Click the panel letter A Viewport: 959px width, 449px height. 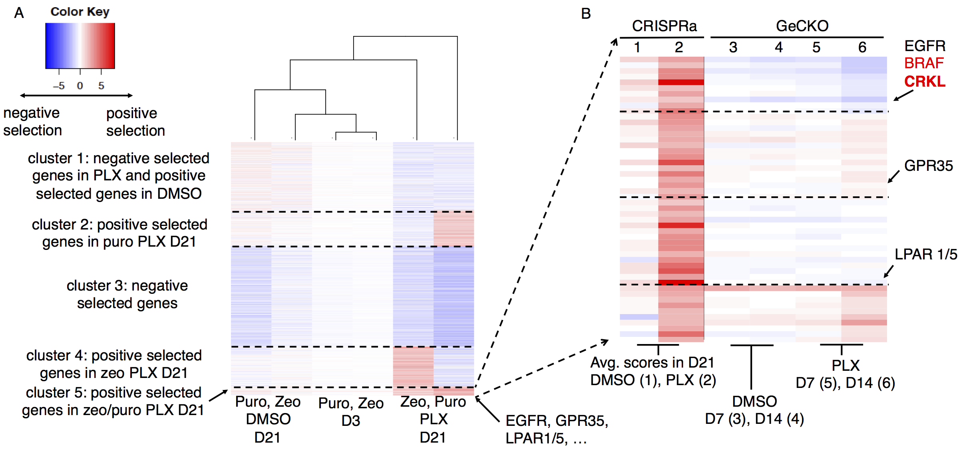pyautogui.click(x=19, y=13)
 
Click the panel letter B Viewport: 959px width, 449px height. pyautogui.click(x=586, y=14)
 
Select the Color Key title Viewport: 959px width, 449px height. pyautogui.click(x=80, y=12)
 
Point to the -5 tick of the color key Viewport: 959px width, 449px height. pyautogui.click(x=59, y=85)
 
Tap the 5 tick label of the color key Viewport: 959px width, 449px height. pyautogui.click(x=101, y=85)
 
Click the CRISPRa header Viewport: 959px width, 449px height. pyautogui.click(x=664, y=26)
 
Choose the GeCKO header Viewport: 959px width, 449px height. pyautogui.click(x=802, y=26)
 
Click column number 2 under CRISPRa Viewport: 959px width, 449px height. pyautogui.click(x=679, y=47)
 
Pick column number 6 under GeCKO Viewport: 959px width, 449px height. pyautogui.click(x=862, y=47)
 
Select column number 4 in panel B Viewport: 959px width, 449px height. pyautogui.click(x=778, y=47)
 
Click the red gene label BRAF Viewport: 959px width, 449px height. pyautogui.click(x=924, y=63)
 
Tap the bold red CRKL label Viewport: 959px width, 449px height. pyautogui.click(x=925, y=81)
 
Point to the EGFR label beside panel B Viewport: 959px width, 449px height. pyautogui.click(x=925, y=46)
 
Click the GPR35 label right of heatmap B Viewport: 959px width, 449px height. pyautogui.click(x=928, y=166)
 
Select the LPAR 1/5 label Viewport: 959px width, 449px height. pyautogui.click(x=925, y=254)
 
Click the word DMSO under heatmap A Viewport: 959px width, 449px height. pyautogui.click(x=268, y=419)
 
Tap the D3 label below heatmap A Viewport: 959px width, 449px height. pyautogui.click(x=351, y=421)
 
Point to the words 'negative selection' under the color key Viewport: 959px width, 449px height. pyautogui.click(x=32, y=122)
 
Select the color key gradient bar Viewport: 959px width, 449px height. pyautogui.click(x=80, y=45)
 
